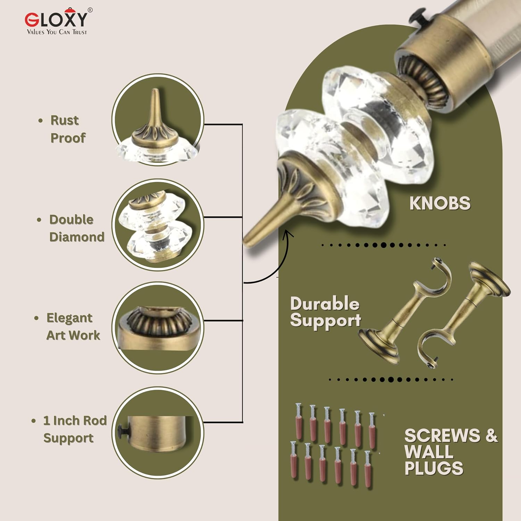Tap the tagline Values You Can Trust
57,32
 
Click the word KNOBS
440,203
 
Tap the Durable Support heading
325,312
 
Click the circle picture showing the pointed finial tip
157,120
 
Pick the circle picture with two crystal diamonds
157,225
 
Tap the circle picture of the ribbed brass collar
157,328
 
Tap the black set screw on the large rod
416,17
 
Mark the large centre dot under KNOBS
383,245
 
